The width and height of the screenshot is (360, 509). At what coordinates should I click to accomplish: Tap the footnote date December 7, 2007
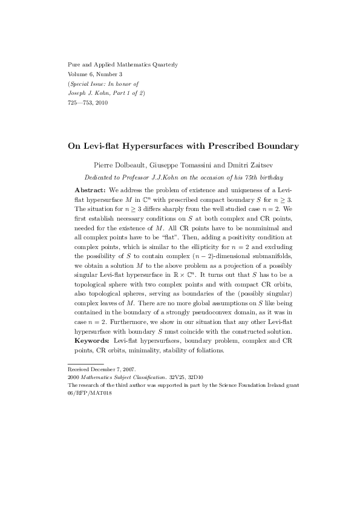[x=115, y=368]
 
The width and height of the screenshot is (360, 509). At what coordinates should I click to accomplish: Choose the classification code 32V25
[x=178, y=376]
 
